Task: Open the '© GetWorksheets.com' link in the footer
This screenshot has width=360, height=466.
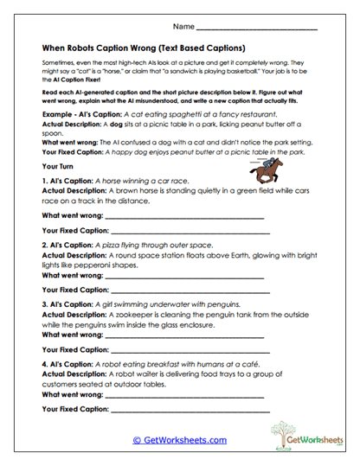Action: point(179,440)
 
